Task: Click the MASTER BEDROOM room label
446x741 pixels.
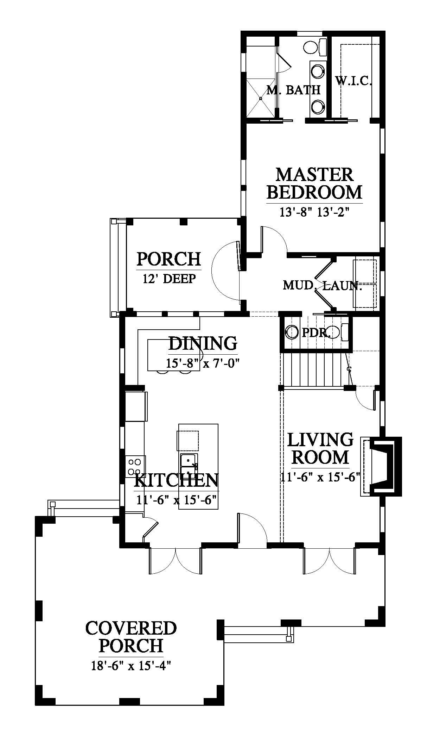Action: (x=314, y=183)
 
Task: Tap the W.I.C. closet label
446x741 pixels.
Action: (x=353, y=81)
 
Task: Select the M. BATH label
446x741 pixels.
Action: (x=294, y=90)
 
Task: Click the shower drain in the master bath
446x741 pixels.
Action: (x=261, y=99)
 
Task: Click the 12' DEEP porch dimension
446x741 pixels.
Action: (x=169, y=279)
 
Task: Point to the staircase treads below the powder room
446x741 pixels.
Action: (x=314, y=370)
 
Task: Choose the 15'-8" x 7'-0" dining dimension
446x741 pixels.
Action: (x=203, y=363)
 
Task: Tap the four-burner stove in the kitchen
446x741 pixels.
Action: (x=135, y=466)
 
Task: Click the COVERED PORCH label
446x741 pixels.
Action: (x=131, y=637)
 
